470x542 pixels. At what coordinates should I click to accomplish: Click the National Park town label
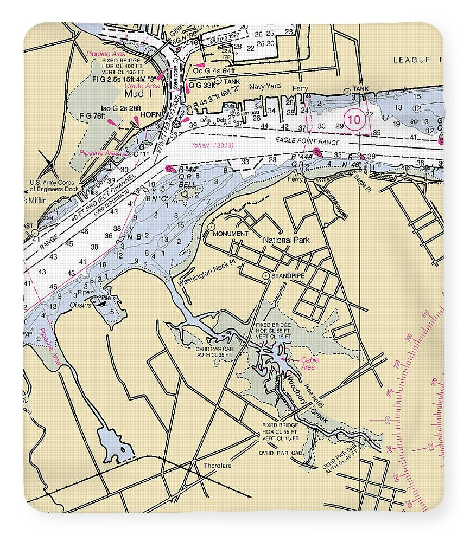pyautogui.click(x=285, y=239)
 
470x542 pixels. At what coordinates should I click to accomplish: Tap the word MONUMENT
pyautogui.click(x=231, y=234)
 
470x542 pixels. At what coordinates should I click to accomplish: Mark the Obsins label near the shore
pyautogui.click(x=80, y=305)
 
